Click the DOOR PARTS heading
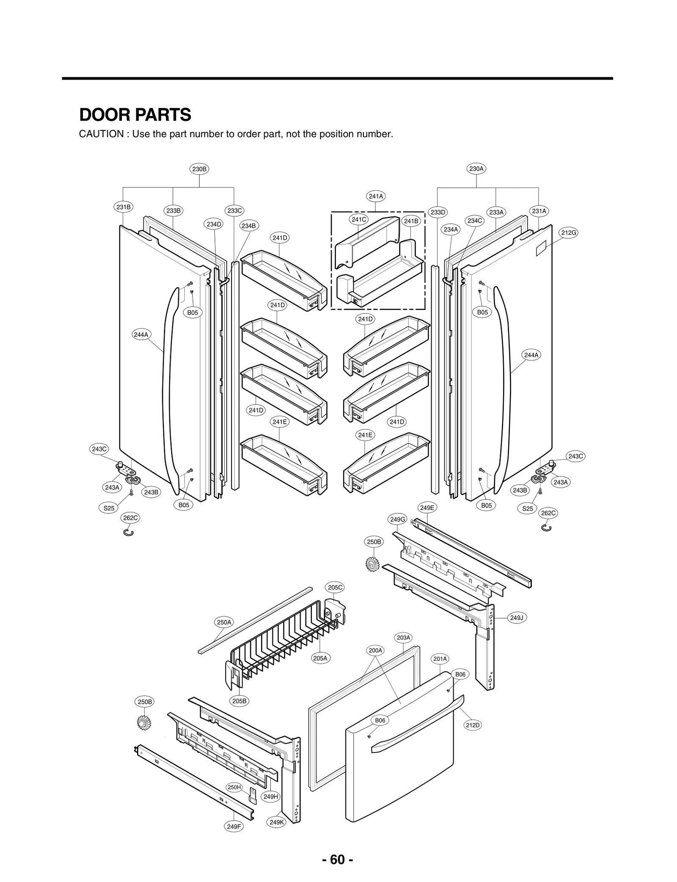[x=135, y=115]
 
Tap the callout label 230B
[x=199, y=169]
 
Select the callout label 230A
[x=476, y=168]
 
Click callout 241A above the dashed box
[x=376, y=196]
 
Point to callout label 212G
[x=569, y=232]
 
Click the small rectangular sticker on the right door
[x=541, y=250]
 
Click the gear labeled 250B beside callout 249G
[x=372, y=564]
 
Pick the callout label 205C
[x=336, y=587]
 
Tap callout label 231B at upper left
[x=123, y=207]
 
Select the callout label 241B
[x=411, y=221]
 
